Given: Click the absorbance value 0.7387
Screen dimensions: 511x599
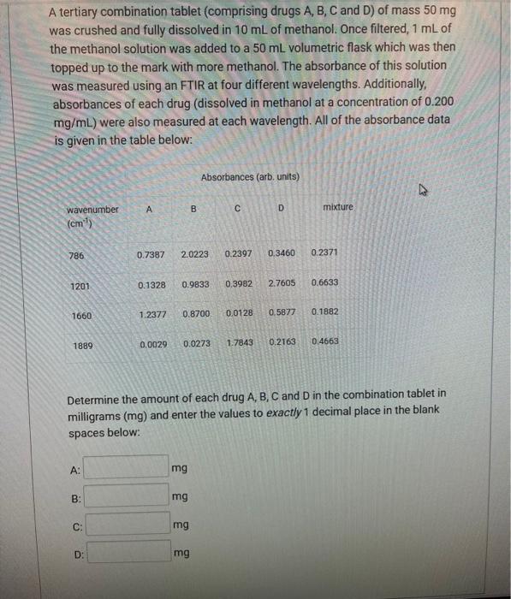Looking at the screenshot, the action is [152, 254].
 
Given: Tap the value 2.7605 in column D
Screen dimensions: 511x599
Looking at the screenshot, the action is [282, 283].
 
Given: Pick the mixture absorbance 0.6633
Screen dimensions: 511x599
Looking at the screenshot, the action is [325, 283].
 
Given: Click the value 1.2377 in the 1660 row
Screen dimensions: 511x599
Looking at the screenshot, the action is [152, 315].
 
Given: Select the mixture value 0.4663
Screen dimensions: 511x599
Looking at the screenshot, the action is [325, 341].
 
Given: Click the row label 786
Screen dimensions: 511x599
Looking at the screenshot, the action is [77, 254].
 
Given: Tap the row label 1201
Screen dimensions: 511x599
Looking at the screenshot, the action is [80, 285].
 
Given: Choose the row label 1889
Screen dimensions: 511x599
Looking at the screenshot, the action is [83, 346].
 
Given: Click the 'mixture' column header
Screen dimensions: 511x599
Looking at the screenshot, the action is [337, 207].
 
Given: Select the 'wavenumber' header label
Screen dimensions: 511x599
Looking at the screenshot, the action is [92, 210].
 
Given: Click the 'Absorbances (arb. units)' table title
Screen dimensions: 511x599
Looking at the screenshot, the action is [250, 177].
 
